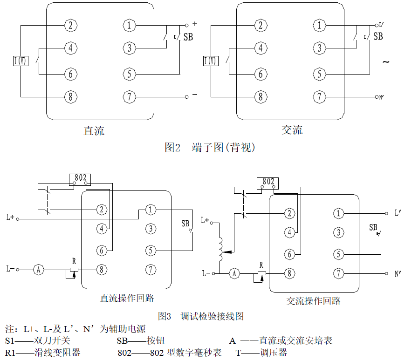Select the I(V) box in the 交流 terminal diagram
[x=211, y=61]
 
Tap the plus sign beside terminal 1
[x=194, y=23]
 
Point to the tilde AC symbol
[x=386, y=61]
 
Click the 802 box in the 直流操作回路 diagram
[x=80, y=178]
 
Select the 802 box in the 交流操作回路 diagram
[x=268, y=181]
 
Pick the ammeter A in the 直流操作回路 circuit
[x=39, y=269]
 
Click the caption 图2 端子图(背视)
[x=210, y=148]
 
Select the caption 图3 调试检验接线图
[x=201, y=316]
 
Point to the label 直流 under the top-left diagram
[x=94, y=130]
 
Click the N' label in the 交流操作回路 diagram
[x=398, y=274]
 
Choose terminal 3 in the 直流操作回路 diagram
[x=150, y=228]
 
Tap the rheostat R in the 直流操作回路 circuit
[x=74, y=270]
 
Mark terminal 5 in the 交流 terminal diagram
[x=319, y=73]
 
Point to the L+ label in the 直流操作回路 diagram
[x=10, y=217]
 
